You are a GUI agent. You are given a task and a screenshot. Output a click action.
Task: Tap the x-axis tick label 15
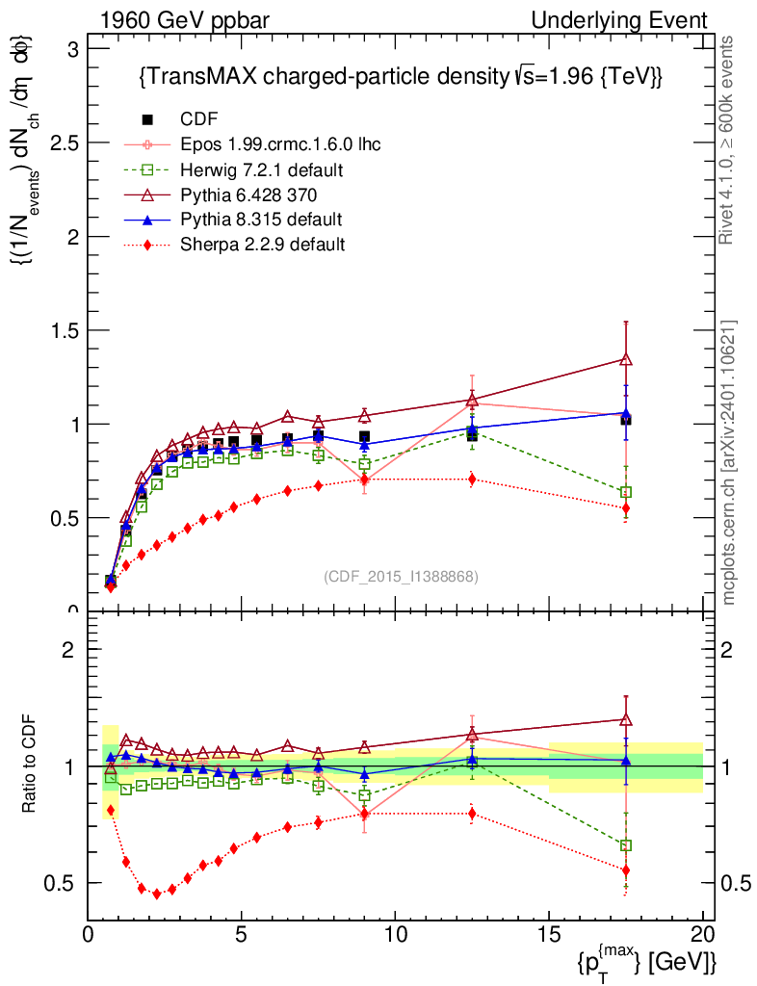point(549,935)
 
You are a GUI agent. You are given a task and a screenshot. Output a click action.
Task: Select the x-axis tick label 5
point(242,935)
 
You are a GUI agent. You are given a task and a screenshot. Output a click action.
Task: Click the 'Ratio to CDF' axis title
point(29,765)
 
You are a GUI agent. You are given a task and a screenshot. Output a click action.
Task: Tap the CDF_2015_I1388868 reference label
point(400,576)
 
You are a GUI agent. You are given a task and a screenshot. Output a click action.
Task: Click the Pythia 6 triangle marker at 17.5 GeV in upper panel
point(626,359)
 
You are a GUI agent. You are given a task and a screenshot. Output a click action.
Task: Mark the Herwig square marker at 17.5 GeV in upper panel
point(626,492)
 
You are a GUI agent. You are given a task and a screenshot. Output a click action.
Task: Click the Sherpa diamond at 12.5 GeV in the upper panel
point(472,479)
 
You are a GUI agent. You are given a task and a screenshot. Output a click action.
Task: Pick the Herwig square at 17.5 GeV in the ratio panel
point(626,845)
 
